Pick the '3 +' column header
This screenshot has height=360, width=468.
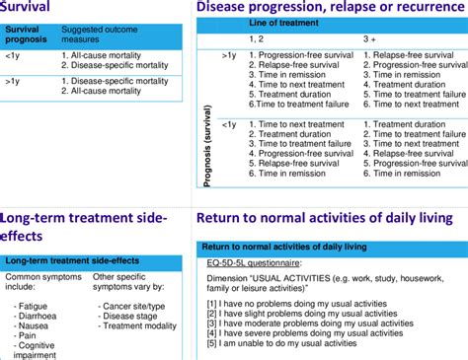370,37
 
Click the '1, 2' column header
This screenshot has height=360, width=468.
257,37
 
